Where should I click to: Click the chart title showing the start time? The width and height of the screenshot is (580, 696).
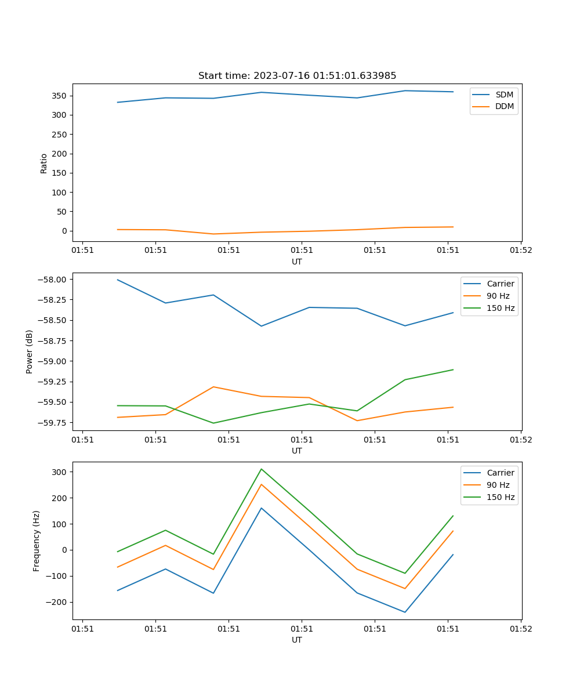point(297,76)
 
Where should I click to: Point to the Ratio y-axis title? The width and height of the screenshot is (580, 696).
point(44,164)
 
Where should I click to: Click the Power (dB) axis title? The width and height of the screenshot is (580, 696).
point(30,351)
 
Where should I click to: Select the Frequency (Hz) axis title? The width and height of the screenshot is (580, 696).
point(37,541)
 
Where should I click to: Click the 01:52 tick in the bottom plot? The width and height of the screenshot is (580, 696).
point(520,629)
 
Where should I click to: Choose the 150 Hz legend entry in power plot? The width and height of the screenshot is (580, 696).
point(501,308)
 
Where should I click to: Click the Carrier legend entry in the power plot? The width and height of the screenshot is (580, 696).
point(501,284)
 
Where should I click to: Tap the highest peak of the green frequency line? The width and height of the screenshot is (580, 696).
point(261,469)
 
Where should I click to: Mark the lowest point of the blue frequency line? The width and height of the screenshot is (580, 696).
point(405,612)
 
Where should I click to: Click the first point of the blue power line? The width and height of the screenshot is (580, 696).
point(118,280)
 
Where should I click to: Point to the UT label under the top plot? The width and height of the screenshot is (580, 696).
point(297,262)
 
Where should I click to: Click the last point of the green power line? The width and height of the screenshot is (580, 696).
point(453,369)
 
